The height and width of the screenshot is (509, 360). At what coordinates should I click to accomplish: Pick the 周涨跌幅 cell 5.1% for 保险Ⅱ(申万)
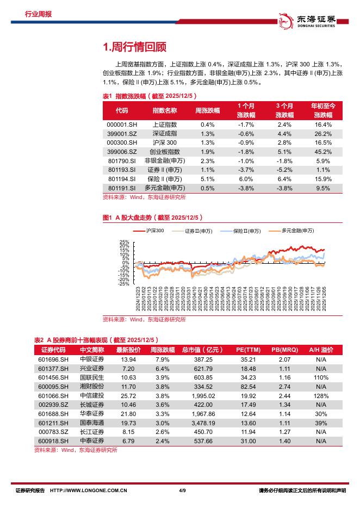pos(207,179)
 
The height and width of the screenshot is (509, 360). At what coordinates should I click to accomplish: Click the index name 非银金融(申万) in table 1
pos(164,161)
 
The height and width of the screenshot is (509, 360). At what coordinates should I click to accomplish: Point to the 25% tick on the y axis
pos(125,242)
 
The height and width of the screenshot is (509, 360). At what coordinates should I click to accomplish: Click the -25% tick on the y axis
pos(123,283)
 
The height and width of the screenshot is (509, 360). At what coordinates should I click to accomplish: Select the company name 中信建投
pos(91,396)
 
